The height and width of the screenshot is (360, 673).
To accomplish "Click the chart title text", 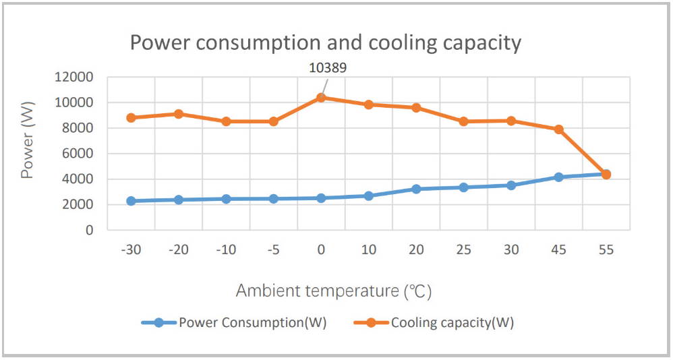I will [x=325, y=43].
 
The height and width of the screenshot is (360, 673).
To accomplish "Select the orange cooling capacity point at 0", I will [x=321, y=98].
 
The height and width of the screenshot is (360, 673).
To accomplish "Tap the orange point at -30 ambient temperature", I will [x=131, y=117].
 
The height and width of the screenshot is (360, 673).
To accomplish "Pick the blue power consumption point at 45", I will [x=558, y=177].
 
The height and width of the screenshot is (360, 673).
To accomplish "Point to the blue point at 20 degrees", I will [x=416, y=189].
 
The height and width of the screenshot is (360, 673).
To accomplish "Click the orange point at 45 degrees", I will [x=558, y=129].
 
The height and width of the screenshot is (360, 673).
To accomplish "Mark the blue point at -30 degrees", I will [x=131, y=201].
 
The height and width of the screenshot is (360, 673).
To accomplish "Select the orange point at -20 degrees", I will [x=179, y=114].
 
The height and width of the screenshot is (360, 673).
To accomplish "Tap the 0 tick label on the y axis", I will [x=90, y=231].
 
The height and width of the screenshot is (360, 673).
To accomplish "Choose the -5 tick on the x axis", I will [x=273, y=250].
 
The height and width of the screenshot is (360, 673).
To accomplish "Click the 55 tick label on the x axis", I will [x=606, y=250].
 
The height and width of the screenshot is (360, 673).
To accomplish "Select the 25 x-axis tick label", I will [x=463, y=250].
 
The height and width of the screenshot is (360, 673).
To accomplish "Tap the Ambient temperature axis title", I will [x=333, y=291].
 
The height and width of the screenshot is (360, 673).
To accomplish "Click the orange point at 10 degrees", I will [x=369, y=104].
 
